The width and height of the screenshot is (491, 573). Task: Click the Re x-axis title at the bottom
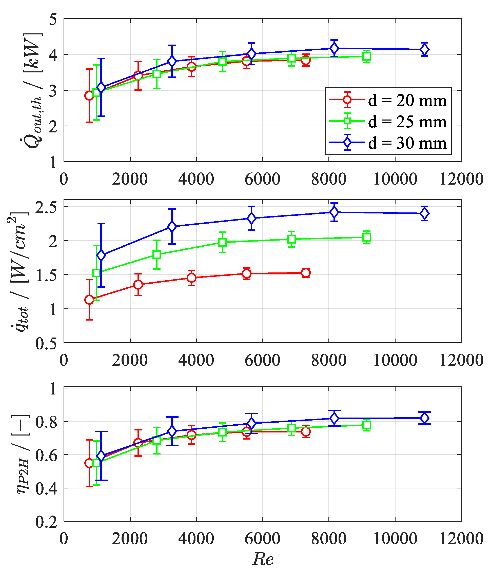click(x=263, y=558)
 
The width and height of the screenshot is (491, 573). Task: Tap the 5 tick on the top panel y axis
click(x=53, y=20)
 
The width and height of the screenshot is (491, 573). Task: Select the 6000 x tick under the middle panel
click(x=262, y=360)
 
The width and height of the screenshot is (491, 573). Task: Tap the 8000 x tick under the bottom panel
click(x=329, y=539)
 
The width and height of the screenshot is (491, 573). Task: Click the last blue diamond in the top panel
click(x=424, y=50)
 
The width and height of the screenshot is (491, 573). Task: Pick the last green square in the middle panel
click(x=366, y=237)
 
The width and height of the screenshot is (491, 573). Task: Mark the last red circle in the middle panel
click(x=306, y=273)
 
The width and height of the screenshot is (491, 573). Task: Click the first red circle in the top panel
click(x=89, y=96)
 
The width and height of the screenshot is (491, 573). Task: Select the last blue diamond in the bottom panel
click(x=424, y=418)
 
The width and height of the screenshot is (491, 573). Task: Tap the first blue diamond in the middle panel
click(x=101, y=255)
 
